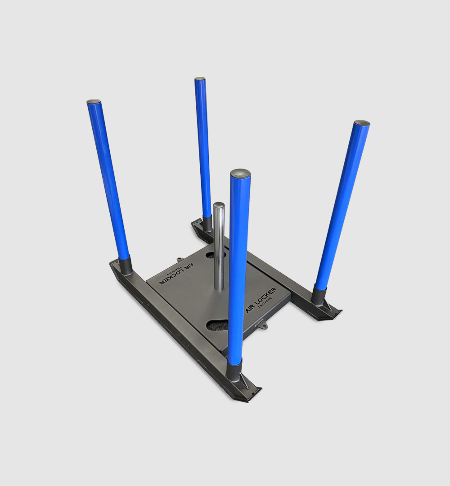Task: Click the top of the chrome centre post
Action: coord(219,205)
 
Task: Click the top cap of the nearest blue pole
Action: coord(240,173)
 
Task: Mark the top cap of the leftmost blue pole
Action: coord(94,102)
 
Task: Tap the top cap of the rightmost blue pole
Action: coord(362,122)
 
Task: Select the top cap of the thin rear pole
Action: coord(200,79)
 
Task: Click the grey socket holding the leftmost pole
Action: coord(126,265)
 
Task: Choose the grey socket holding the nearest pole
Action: coord(235,371)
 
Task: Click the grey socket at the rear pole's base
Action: coord(207,224)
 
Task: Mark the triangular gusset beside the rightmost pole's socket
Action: coord(329,307)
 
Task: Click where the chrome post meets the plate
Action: coord(219,288)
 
